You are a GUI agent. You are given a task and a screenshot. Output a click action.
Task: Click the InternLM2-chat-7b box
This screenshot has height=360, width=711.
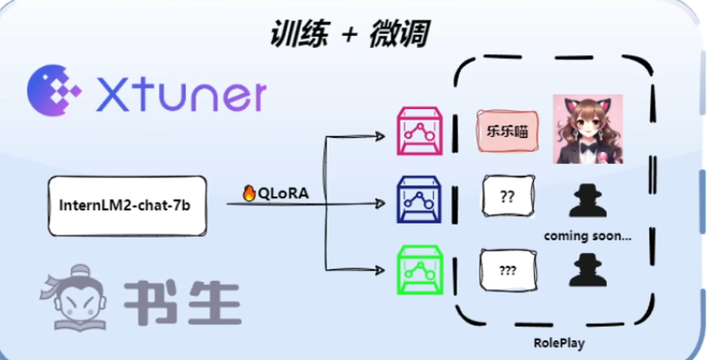pyautogui.click(x=127, y=205)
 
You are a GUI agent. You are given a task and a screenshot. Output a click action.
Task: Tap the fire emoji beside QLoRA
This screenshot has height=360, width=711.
pyautogui.click(x=249, y=193)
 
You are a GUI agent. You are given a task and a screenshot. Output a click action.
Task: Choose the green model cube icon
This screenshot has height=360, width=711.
pyautogui.click(x=419, y=269)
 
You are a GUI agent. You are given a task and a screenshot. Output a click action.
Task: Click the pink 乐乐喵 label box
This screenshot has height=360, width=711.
pyautogui.click(x=508, y=133)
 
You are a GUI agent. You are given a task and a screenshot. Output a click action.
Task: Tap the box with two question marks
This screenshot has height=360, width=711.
pyautogui.click(x=508, y=196)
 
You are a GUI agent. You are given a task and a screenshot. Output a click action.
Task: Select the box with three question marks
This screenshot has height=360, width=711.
pyautogui.click(x=508, y=270)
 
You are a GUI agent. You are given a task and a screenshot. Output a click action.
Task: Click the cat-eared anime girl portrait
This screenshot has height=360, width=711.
pyautogui.click(x=588, y=128)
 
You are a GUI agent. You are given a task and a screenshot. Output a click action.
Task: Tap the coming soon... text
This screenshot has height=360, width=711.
pyautogui.click(x=587, y=235)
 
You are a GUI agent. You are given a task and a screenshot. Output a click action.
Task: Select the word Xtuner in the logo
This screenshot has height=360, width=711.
pyautogui.click(x=181, y=94)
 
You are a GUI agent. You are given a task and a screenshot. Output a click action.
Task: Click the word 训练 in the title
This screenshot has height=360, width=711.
pyautogui.click(x=300, y=33)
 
